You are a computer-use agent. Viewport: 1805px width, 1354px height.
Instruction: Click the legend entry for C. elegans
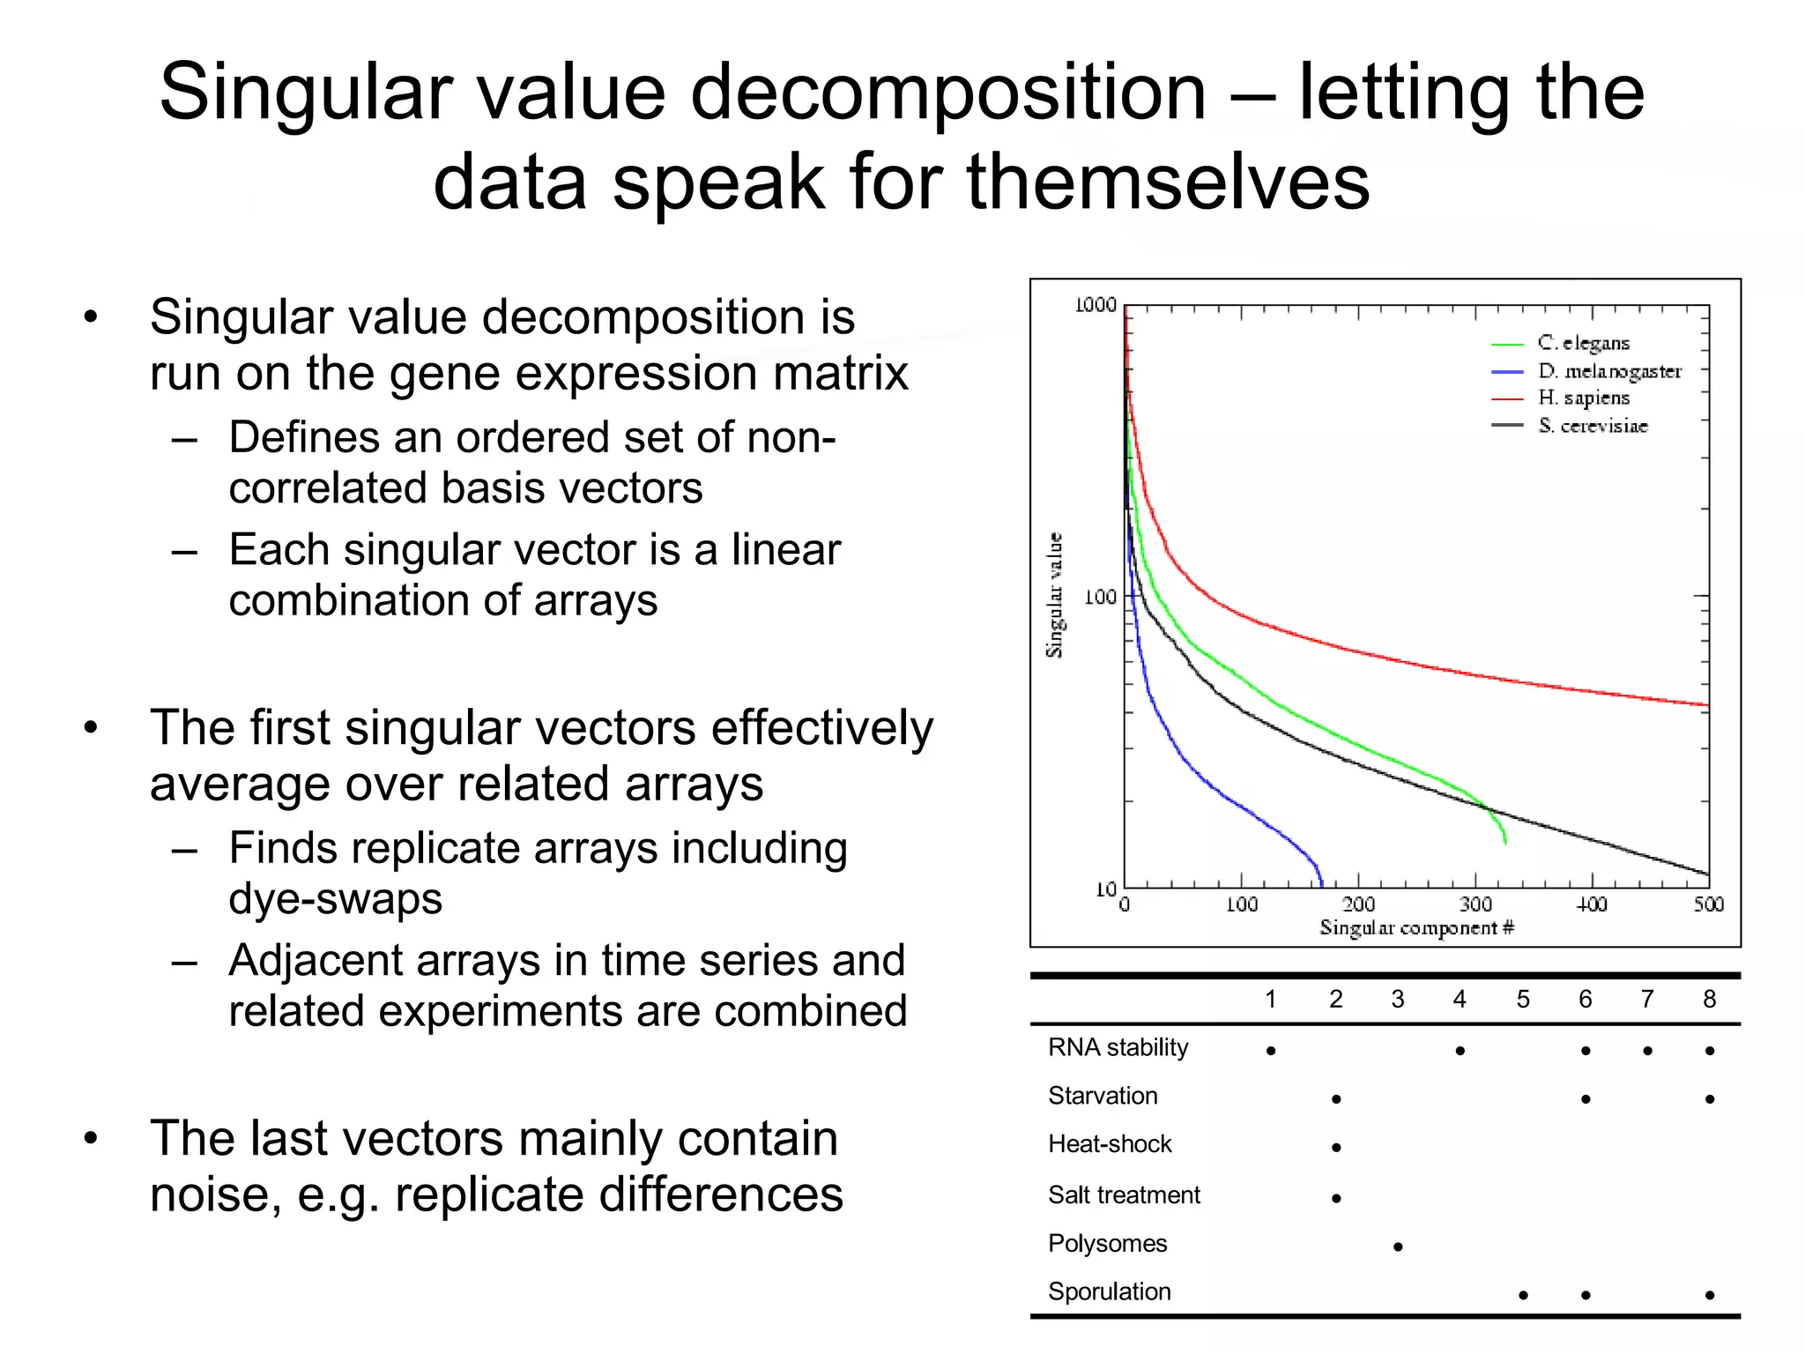point(1583,343)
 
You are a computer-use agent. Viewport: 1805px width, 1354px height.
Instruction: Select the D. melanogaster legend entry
point(1608,371)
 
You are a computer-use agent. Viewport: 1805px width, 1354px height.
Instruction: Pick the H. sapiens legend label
point(1584,398)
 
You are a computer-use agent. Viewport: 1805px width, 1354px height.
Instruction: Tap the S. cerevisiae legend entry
point(1593,426)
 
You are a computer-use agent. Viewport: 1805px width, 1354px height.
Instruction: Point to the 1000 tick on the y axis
point(1096,305)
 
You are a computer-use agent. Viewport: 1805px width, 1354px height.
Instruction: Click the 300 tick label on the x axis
point(1475,904)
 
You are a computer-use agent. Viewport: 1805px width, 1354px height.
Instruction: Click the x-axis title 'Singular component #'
point(1416,928)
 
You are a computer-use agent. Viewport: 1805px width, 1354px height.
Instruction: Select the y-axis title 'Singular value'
point(1054,595)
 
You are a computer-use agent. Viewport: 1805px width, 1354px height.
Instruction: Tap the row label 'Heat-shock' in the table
point(1110,1144)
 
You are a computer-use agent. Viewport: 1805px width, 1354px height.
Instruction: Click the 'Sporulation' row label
point(1110,1291)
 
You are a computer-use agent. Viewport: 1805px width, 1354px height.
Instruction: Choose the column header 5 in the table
point(1523,1000)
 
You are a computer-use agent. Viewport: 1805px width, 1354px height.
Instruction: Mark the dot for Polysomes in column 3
point(1398,1246)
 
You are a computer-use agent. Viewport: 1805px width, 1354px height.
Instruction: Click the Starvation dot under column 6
point(1586,1099)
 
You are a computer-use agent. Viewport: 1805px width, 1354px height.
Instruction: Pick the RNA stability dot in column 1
point(1270,1051)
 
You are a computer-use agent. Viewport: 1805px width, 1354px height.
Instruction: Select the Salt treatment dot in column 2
point(1336,1198)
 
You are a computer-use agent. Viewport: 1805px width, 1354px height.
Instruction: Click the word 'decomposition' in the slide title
point(947,93)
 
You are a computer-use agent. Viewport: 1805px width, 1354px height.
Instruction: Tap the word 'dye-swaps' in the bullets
point(335,899)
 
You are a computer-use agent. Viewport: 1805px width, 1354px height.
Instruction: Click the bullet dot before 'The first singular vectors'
point(91,728)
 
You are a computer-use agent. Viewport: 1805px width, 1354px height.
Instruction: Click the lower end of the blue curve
point(1321,882)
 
